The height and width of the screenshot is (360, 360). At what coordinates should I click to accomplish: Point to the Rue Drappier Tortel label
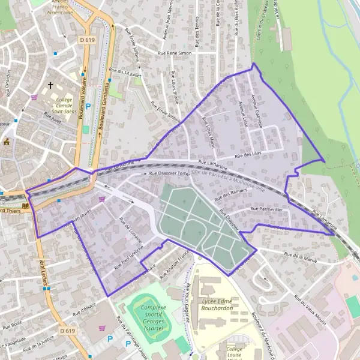click(169, 173)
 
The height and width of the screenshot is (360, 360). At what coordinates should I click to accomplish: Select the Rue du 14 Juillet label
click(128, 73)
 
